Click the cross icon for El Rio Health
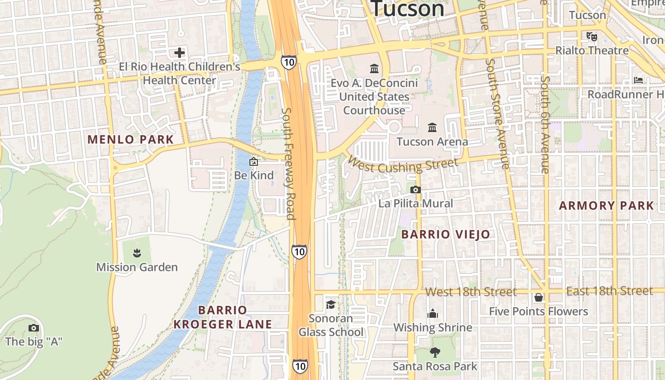180,52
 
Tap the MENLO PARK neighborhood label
131,140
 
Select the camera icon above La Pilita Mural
416,190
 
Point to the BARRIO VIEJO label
446,234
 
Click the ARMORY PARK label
607,206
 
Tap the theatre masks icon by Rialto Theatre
591,36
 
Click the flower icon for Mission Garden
137,253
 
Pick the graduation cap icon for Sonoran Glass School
331,304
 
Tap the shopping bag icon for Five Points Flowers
539,297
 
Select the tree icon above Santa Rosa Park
435,352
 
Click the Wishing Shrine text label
433,328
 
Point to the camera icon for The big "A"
33,328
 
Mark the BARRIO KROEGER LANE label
223,317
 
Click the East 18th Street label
609,291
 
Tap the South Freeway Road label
289,163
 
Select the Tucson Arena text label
432,142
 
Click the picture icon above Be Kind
254,161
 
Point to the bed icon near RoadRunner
638,80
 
